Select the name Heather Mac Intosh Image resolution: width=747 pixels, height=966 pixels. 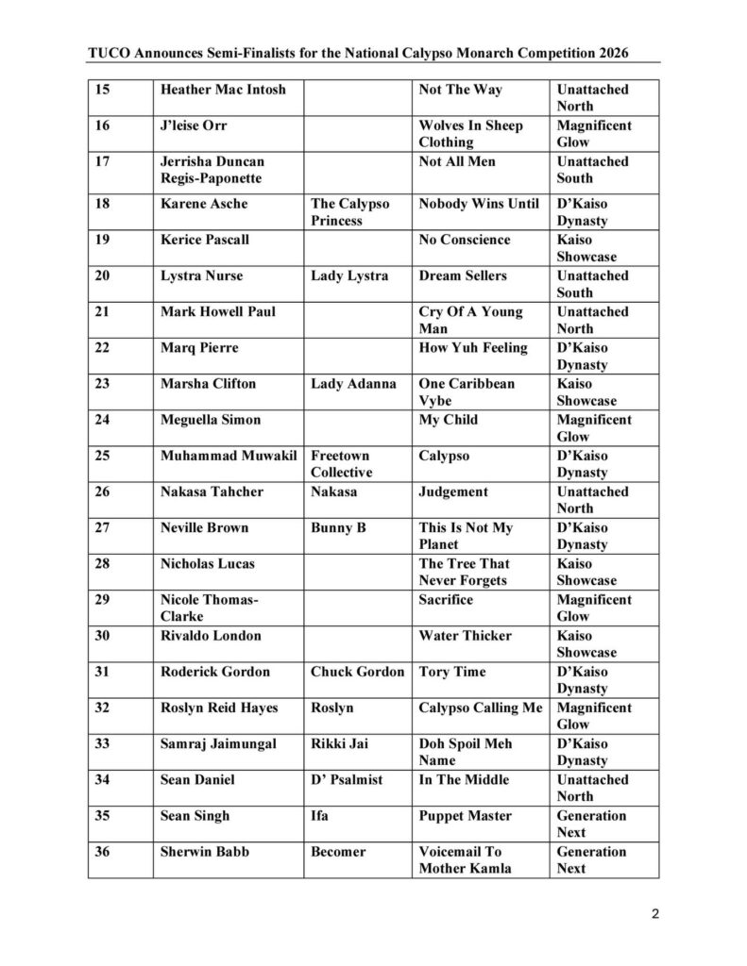(223, 90)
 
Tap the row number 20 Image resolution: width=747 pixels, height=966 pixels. (103, 275)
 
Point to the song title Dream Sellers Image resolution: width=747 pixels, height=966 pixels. (463, 275)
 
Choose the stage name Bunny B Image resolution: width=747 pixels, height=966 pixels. (338, 527)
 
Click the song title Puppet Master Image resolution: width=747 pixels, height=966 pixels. (465, 815)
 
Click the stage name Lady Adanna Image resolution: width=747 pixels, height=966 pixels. (353, 384)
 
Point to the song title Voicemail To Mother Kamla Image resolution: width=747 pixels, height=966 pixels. (465, 859)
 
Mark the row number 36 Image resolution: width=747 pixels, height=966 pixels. (103, 851)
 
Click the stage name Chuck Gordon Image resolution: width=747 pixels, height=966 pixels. (357, 672)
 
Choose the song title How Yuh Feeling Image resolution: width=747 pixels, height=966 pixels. (473, 347)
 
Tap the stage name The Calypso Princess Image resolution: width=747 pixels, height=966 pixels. (350, 212)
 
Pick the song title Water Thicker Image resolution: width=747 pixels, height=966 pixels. (465, 635)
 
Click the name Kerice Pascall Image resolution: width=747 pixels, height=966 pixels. (205, 240)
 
